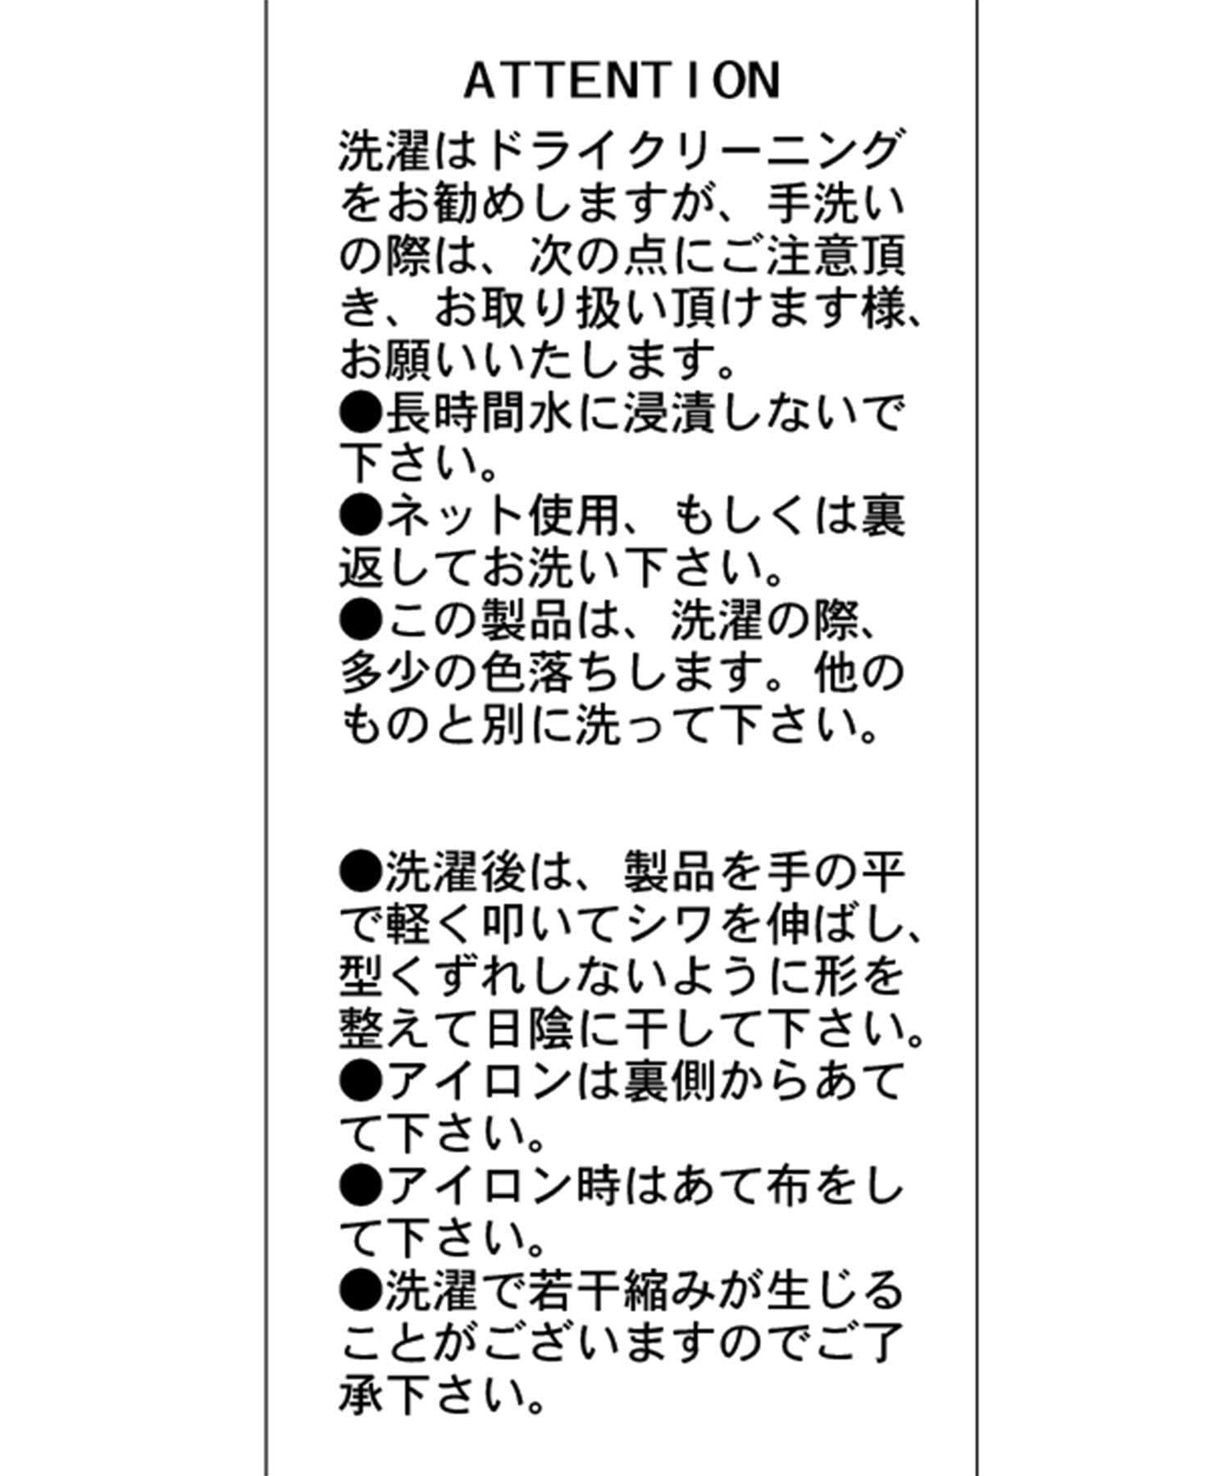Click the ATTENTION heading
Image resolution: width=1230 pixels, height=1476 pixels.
click(622, 81)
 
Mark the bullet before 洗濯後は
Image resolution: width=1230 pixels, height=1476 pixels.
click(361, 868)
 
